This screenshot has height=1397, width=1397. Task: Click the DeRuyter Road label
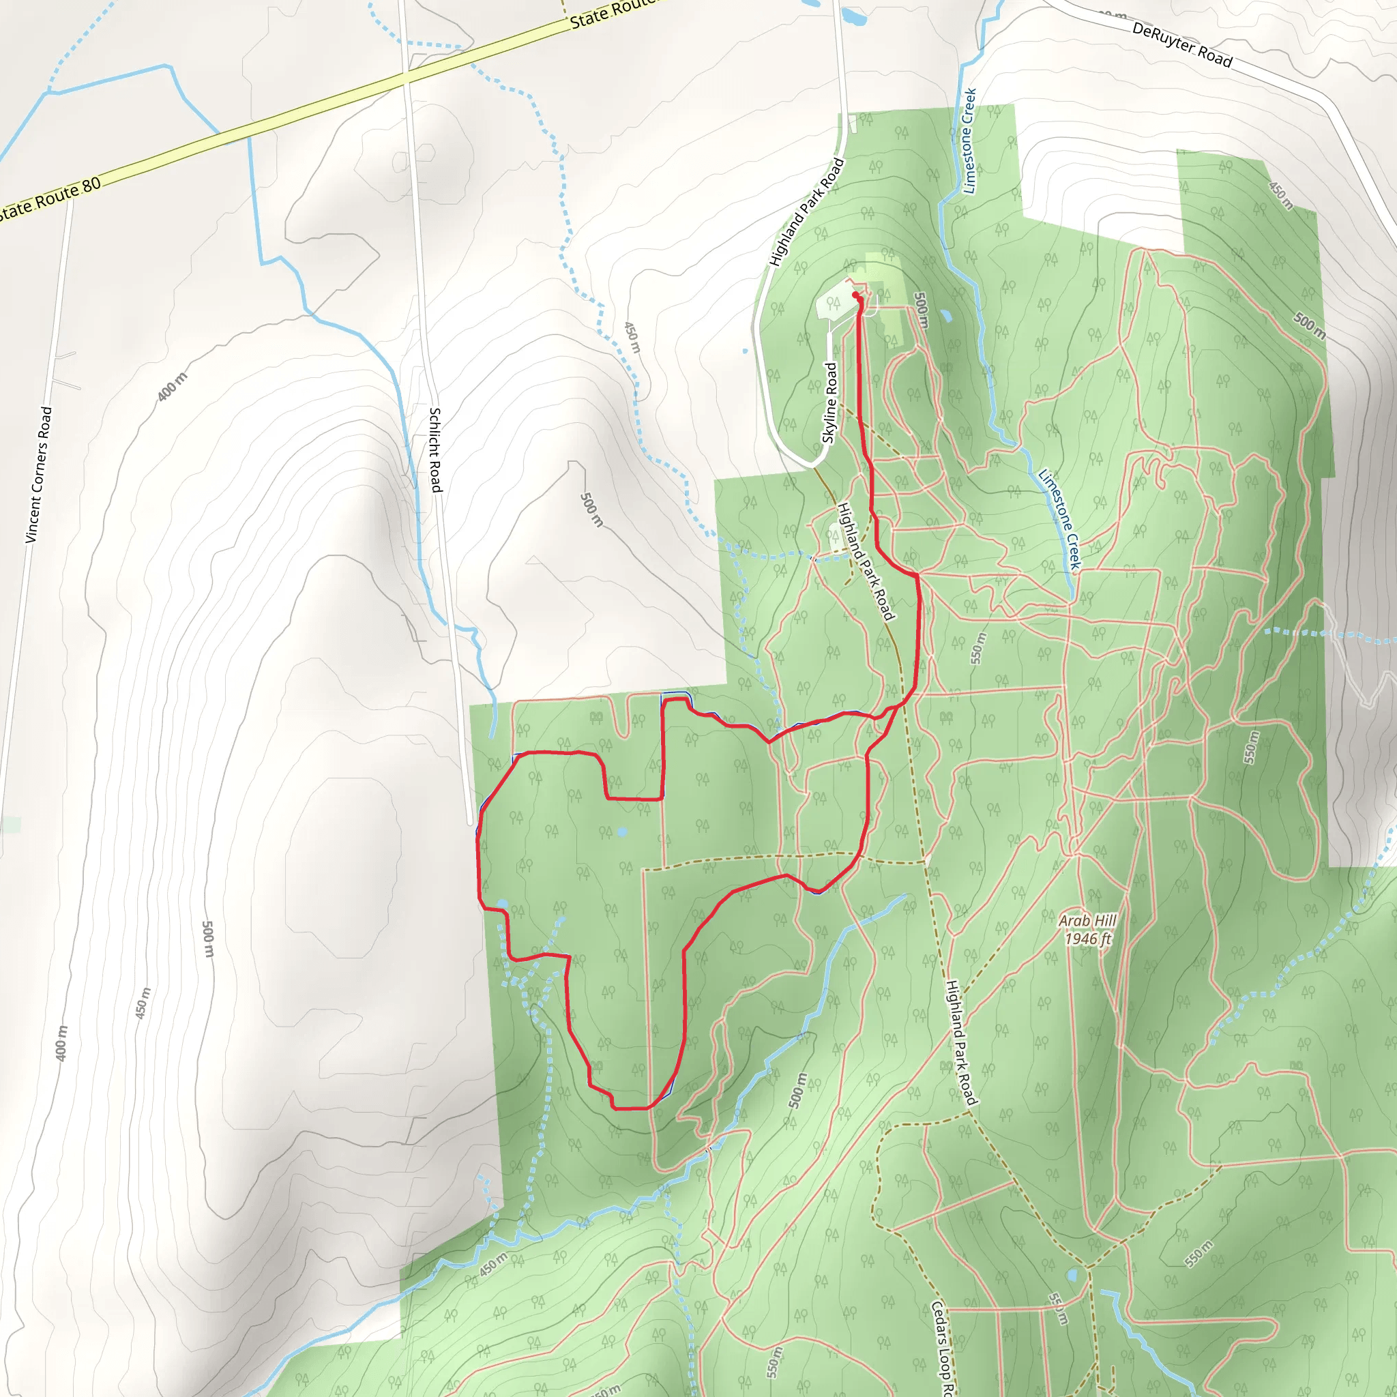click(1181, 45)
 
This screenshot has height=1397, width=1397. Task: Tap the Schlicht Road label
click(435, 450)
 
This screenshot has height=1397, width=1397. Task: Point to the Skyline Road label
click(830, 402)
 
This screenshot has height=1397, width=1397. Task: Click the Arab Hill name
click(1087, 920)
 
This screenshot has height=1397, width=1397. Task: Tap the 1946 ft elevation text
click(1087, 939)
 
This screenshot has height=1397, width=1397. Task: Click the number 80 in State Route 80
click(91, 186)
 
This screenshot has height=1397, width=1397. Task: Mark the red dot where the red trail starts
click(855, 295)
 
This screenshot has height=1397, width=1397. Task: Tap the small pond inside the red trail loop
click(623, 832)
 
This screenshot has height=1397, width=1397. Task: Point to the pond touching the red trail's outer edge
click(503, 904)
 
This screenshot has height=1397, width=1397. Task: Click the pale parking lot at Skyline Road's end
click(834, 302)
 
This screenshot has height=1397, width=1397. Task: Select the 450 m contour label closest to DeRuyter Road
click(1280, 195)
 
